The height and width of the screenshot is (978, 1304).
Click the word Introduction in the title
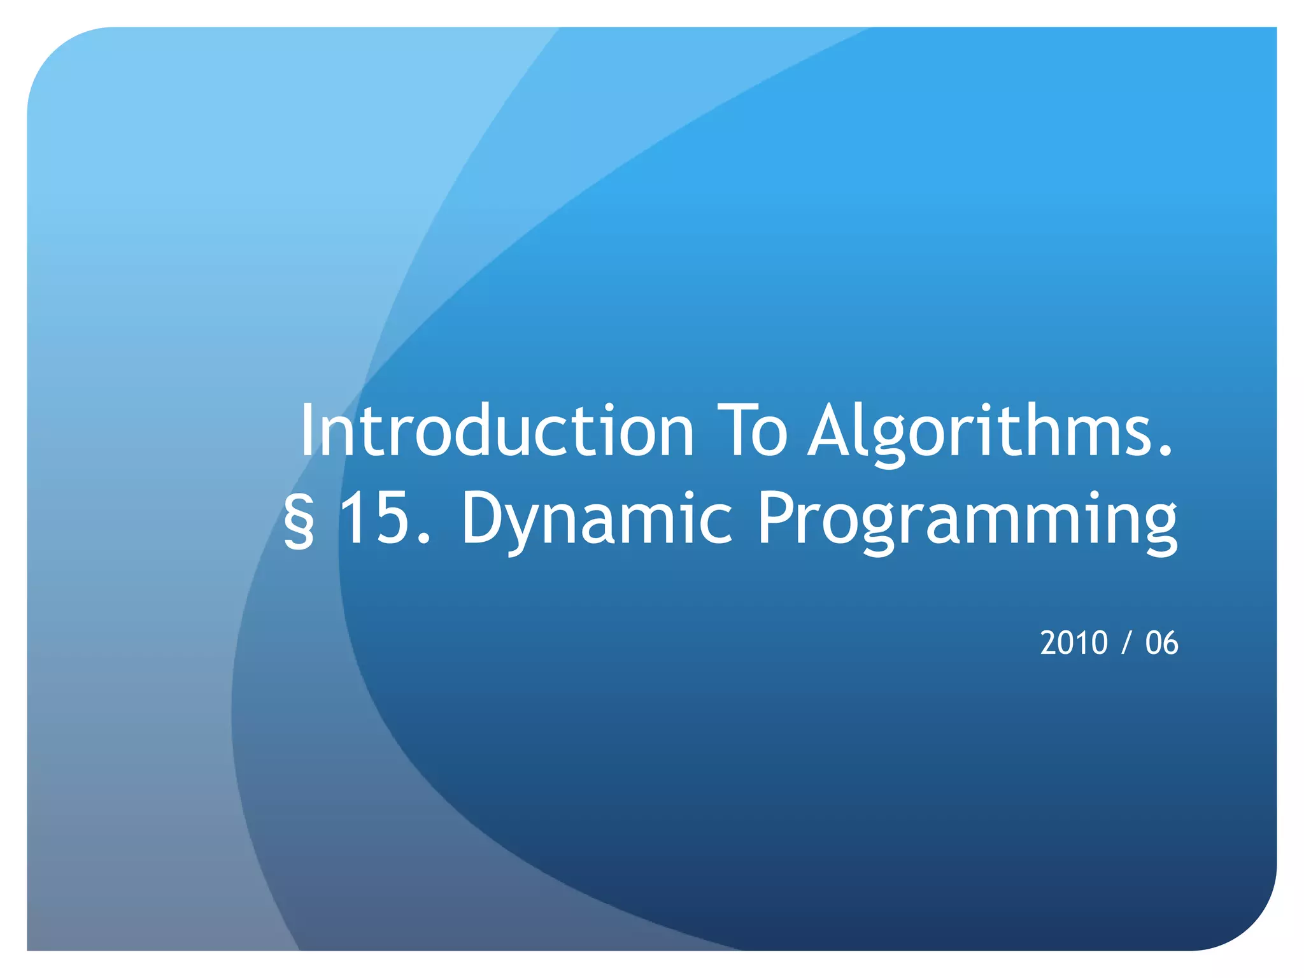[497, 431]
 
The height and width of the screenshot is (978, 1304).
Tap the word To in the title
[752, 431]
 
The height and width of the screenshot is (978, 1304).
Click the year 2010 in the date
[1074, 643]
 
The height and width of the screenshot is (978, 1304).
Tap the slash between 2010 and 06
[1126, 643]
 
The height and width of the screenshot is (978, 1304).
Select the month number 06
[1162, 643]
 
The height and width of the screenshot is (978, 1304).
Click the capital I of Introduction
[308, 431]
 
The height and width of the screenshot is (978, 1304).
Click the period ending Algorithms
[1165, 452]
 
